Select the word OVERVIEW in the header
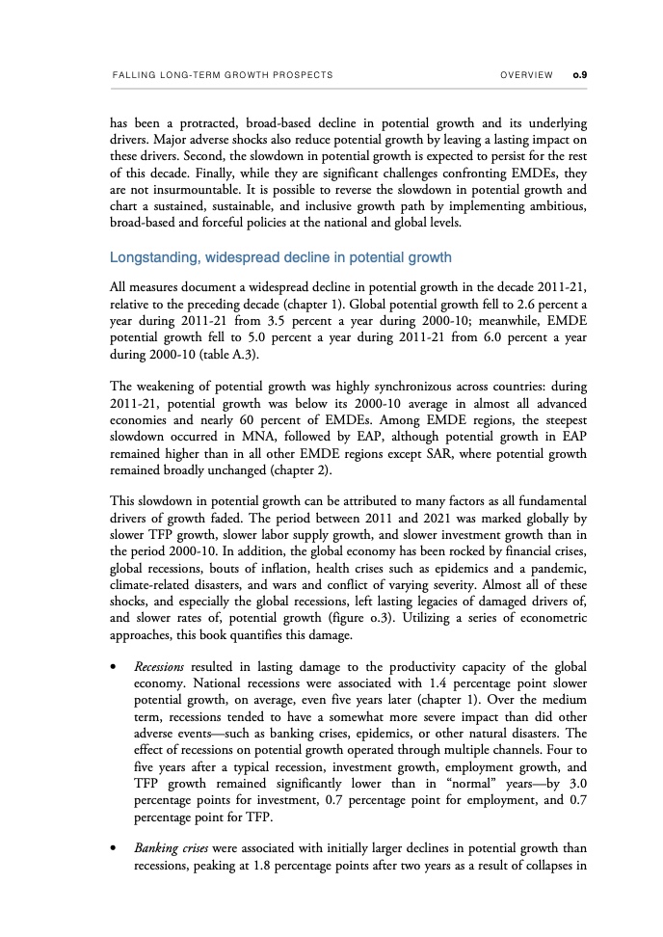click(x=527, y=74)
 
